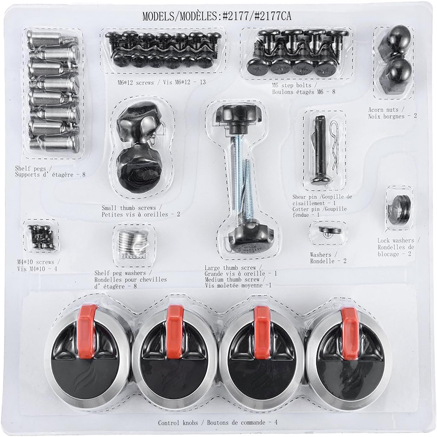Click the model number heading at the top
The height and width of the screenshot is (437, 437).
217,16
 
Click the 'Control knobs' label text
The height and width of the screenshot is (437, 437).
178,423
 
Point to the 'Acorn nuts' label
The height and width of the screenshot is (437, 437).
383,110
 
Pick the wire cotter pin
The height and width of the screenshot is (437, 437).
335,145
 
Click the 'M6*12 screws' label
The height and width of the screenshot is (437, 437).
135,83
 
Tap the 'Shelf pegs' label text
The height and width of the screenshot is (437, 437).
34,168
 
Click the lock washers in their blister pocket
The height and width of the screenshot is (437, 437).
399,209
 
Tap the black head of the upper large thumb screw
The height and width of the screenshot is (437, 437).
235,117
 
